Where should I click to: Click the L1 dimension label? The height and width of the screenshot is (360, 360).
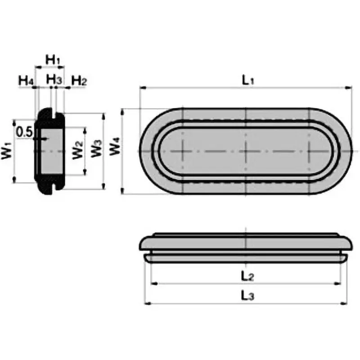point(248,80)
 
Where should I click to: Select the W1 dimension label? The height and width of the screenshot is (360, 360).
point(7,150)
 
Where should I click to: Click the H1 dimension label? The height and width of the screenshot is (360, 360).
point(53,58)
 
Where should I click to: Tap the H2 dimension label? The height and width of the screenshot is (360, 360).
point(79,81)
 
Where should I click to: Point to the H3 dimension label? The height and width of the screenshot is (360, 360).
point(54,79)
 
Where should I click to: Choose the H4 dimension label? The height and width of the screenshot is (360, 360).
point(26,81)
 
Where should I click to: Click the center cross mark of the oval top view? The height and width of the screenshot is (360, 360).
point(246,151)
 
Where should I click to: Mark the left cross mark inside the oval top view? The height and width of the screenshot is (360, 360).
point(183,151)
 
